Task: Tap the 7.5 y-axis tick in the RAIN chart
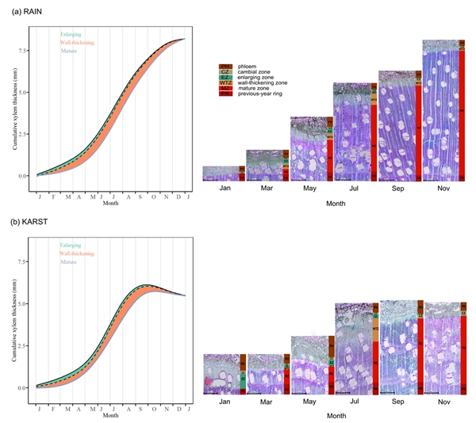coord(22,50)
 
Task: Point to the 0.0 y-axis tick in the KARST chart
coord(22,388)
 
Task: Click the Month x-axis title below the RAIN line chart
coord(111,204)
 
